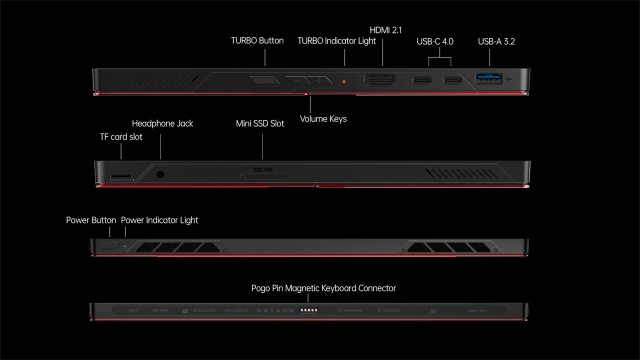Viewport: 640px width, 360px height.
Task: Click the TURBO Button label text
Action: (257, 40)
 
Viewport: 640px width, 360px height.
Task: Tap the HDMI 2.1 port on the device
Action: (379, 80)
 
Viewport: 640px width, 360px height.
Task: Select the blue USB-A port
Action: (488, 78)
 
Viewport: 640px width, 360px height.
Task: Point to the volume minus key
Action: (297, 80)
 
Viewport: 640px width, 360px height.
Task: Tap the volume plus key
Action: (319, 80)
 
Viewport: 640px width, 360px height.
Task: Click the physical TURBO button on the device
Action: (263, 80)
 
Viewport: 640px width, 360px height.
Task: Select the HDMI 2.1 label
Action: (385, 30)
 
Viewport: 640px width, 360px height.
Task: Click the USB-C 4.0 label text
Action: (435, 41)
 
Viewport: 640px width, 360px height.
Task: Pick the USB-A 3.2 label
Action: (496, 41)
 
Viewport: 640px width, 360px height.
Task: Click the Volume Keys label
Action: (323, 119)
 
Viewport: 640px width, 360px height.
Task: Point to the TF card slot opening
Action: (121, 176)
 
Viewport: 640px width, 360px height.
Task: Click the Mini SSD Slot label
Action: (260, 123)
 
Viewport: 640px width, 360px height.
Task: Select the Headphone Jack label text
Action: (162, 123)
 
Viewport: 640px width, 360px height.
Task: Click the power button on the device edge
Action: (111, 245)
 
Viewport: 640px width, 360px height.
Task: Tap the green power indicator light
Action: (125, 245)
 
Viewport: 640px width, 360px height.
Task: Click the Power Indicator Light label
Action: (159, 220)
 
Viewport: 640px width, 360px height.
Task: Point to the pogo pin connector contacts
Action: (308, 310)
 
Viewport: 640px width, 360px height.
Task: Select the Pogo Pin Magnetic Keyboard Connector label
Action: (323, 288)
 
